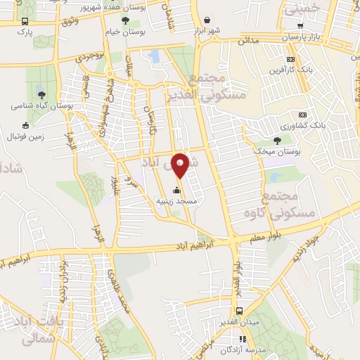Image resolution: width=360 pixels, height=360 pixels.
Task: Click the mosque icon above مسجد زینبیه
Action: point(176,190)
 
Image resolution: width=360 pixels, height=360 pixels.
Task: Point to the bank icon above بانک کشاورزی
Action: point(303,115)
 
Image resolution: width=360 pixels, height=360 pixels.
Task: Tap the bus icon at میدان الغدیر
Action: point(240,311)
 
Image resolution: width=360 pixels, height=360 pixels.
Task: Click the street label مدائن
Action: point(247,42)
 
